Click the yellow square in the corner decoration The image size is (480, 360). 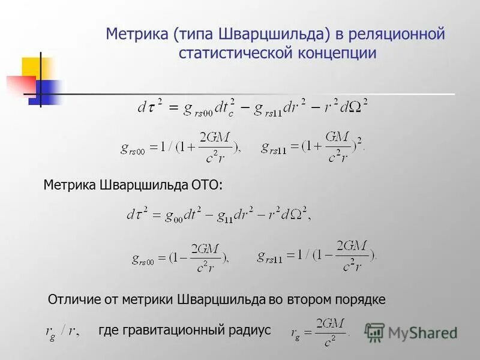tap(35, 68)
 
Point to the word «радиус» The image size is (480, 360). tap(250, 329)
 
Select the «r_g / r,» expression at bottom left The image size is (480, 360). tap(63, 331)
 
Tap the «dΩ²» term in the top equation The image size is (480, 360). tap(352, 107)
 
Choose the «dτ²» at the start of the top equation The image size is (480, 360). tap(150, 107)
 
